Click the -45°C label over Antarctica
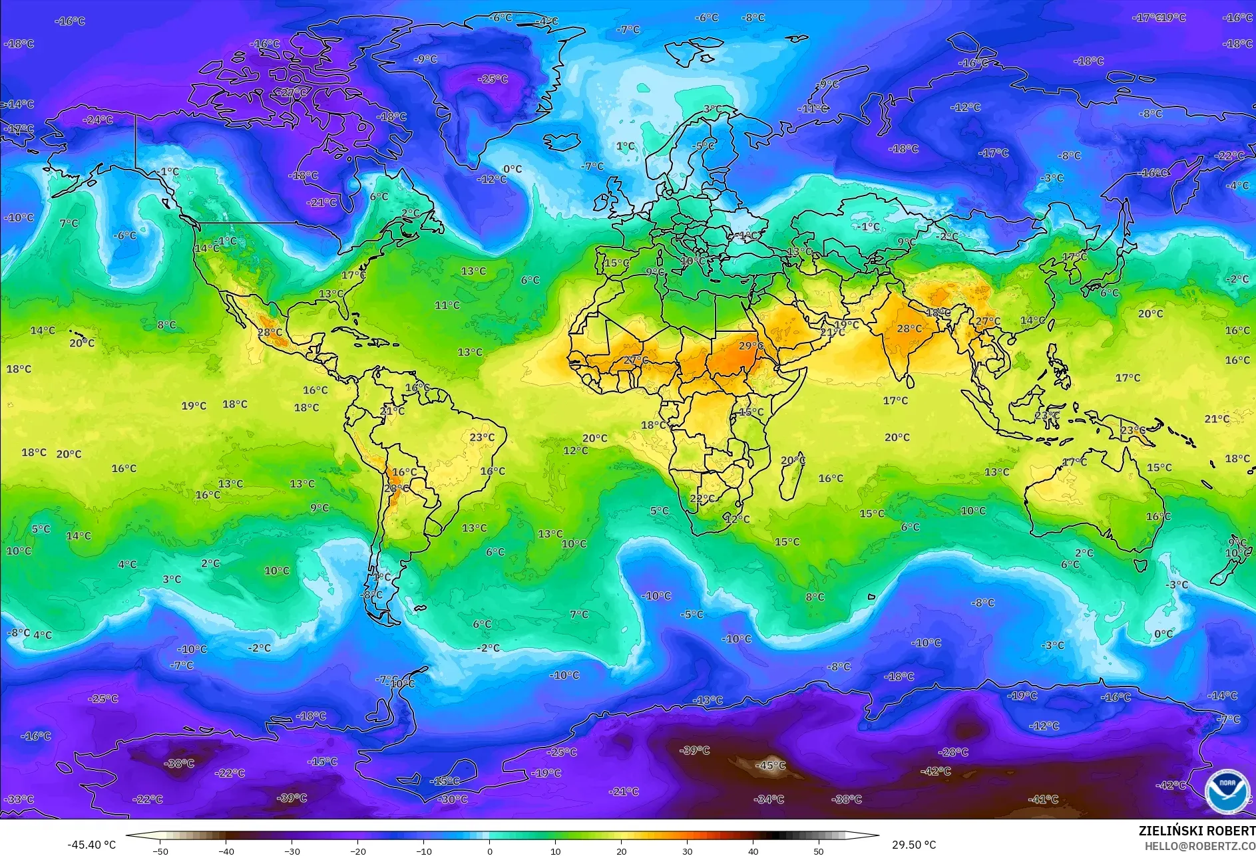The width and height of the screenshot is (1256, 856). pyautogui.click(x=770, y=766)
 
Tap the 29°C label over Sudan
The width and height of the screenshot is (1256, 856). pyautogui.click(x=751, y=346)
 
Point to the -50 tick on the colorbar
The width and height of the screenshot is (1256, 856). pyautogui.click(x=160, y=851)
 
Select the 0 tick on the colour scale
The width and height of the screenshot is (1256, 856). pyautogui.click(x=490, y=851)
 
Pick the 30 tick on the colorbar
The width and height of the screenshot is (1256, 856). pyautogui.click(x=687, y=851)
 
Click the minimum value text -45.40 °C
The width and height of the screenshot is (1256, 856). pyautogui.click(x=91, y=845)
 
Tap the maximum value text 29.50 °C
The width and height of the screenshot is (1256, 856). pyautogui.click(x=914, y=845)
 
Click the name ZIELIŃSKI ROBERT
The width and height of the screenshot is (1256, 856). pyautogui.click(x=1197, y=831)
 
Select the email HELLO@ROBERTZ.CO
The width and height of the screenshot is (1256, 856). pyautogui.click(x=1199, y=846)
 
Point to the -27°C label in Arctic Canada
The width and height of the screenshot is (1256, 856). pyautogui.click(x=292, y=92)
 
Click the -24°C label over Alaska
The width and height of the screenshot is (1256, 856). pyautogui.click(x=98, y=120)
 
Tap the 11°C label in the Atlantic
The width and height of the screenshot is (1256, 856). pyautogui.click(x=447, y=305)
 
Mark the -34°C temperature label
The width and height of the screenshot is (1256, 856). pyautogui.click(x=769, y=799)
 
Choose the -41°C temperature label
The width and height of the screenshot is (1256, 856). pyautogui.click(x=1043, y=799)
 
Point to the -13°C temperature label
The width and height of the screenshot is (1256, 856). pyautogui.click(x=708, y=700)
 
